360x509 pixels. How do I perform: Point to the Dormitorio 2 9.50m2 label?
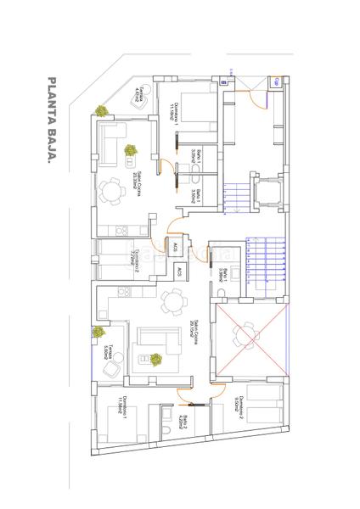coord(243,409)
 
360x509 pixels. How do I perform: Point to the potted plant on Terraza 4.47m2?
coord(101,110)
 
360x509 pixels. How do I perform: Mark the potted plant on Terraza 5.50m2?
coord(99,333)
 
